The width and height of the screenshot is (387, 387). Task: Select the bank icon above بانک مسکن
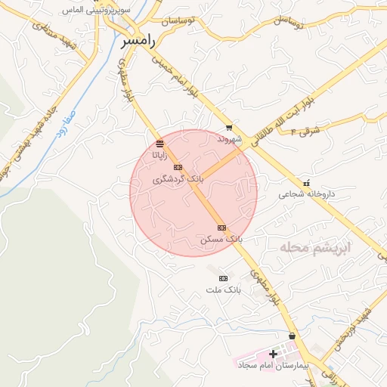(x=221, y=228)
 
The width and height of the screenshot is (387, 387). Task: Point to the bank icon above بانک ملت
(x=223, y=279)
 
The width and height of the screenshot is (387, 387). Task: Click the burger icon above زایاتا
(x=159, y=144)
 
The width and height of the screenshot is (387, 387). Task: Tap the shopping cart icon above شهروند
(x=229, y=128)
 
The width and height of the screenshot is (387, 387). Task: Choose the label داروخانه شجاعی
(x=306, y=194)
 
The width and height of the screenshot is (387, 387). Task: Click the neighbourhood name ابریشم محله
(x=311, y=248)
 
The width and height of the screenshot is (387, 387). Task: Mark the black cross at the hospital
(x=273, y=354)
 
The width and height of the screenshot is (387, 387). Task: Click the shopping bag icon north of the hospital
(x=292, y=336)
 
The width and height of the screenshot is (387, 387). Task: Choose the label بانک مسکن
(x=221, y=239)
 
